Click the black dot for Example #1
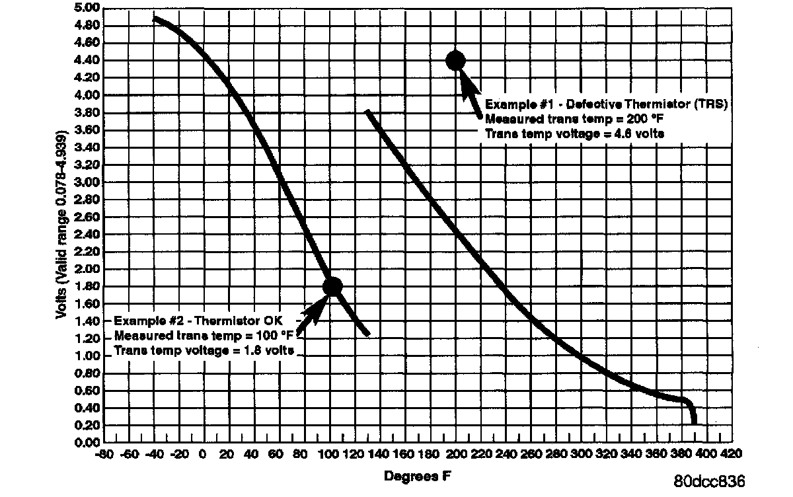[455, 61]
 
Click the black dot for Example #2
[332, 286]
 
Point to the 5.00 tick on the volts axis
[88, 9]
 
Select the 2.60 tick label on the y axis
[88, 217]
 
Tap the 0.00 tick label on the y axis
[88, 443]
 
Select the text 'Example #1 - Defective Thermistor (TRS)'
[606, 104]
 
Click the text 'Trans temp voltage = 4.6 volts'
[575, 134]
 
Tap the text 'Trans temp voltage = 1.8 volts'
[204, 350]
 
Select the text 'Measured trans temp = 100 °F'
[204, 335]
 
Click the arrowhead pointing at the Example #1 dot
[466, 80]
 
